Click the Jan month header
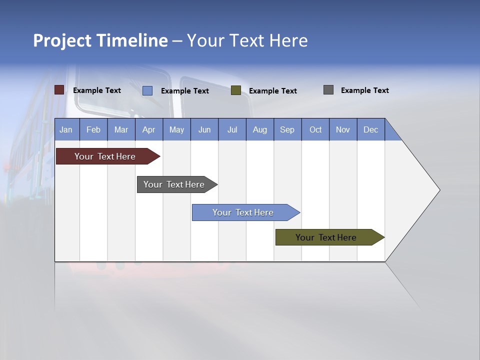click(66, 130)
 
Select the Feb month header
click(93, 130)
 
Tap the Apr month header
click(148, 130)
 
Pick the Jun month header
click(204, 130)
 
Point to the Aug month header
click(259, 130)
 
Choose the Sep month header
click(287, 130)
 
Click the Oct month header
click(315, 130)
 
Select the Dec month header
click(370, 130)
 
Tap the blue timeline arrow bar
click(243, 212)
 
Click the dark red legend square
click(59, 90)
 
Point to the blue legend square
click(147, 90)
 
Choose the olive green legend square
click(236, 90)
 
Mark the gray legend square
click(328, 90)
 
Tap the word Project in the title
click(61, 40)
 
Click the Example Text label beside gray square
click(364, 90)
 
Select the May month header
click(176, 130)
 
